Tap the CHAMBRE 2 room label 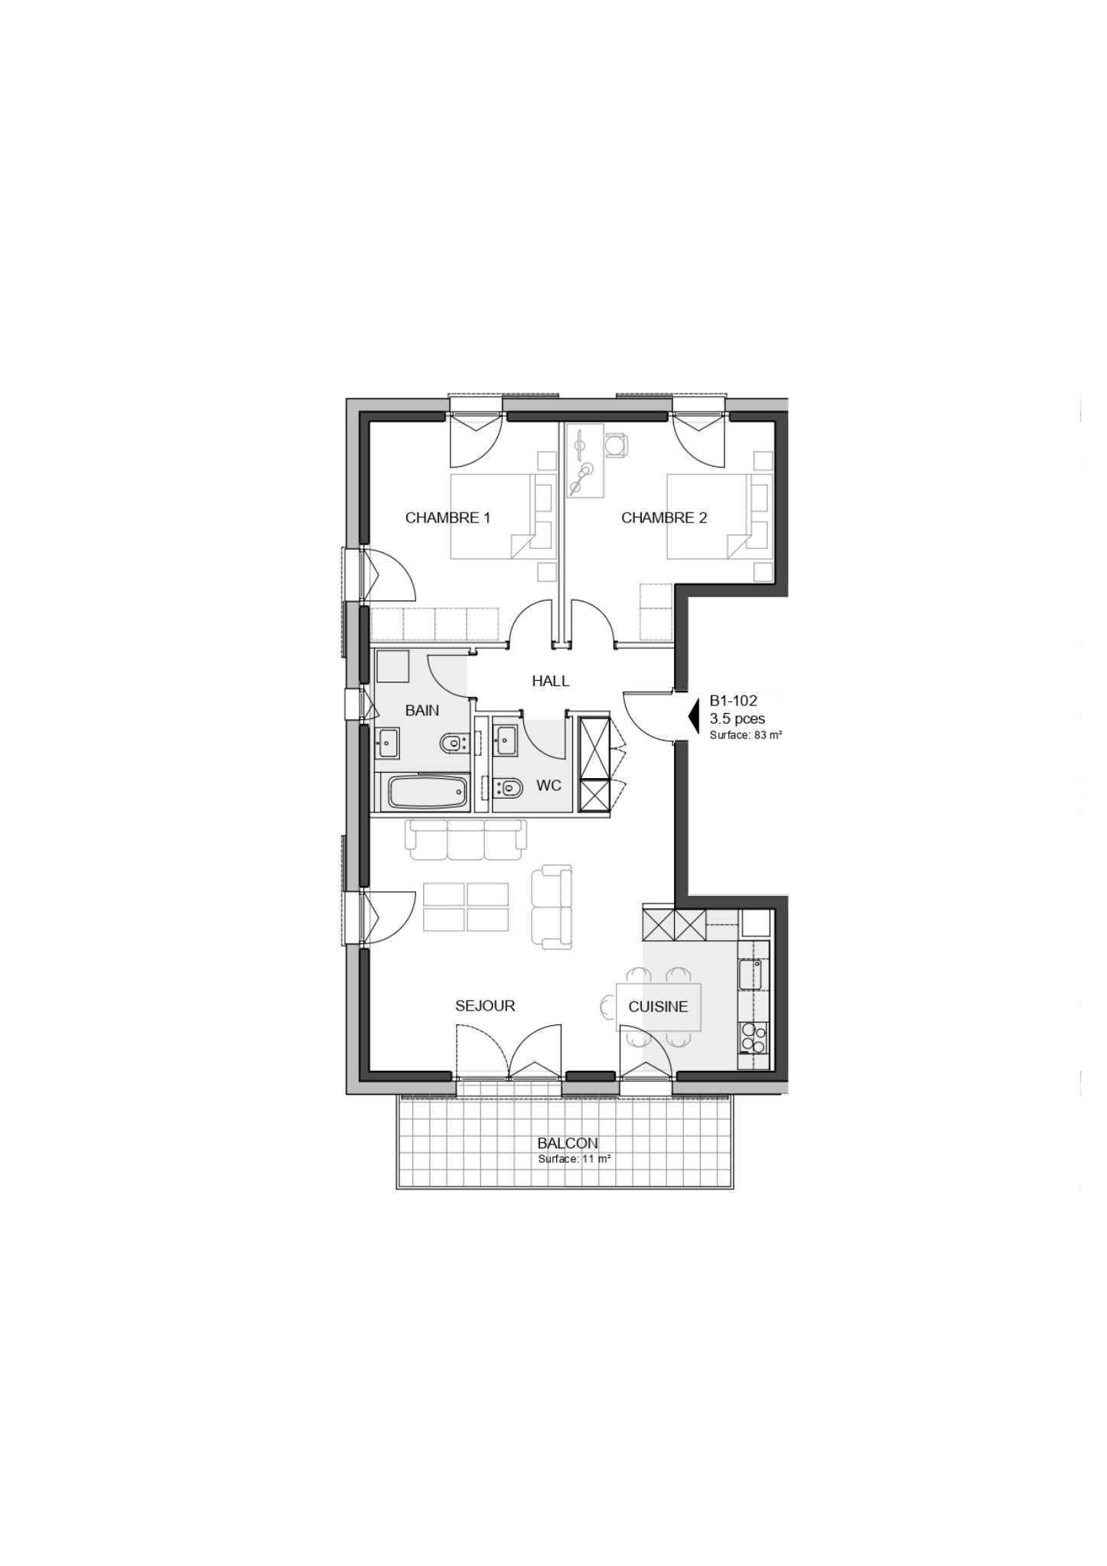tap(664, 518)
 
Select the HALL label tap(551, 681)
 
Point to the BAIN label tap(422, 711)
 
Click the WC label tap(549, 786)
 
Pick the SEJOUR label tap(485, 1006)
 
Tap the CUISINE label tap(658, 1007)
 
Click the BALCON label tap(568, 1144)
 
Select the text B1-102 tap(734, 700)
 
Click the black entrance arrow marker tap(695, 718)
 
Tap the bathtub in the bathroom tap(428, 792)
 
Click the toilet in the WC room tap(507, 786)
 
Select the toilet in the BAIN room tap(454, 742)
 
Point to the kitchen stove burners tap(752, 1039)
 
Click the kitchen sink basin tap(750, 975)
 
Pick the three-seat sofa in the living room tap(467, 839)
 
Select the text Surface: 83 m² tap(745, 735)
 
